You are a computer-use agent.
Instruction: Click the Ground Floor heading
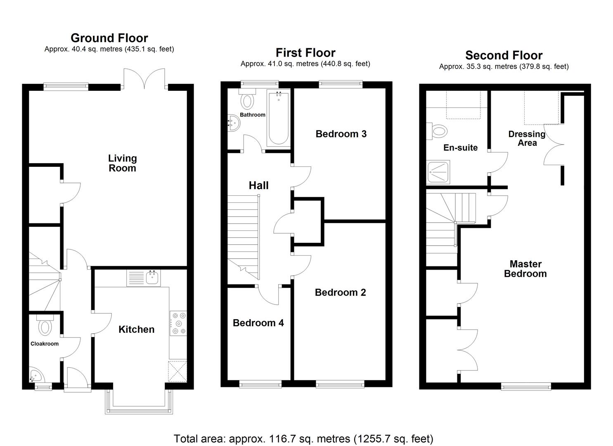pos(109,38)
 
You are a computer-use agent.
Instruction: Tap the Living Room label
pos(122,163)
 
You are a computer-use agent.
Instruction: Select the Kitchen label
pos(136,329)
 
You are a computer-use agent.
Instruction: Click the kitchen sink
pos(153,278)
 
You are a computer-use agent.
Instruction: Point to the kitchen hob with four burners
pos(178,323)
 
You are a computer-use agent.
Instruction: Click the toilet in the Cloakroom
pos(45,326)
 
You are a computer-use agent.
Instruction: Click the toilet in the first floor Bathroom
pos(248,100)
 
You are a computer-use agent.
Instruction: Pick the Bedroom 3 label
pos(341,134)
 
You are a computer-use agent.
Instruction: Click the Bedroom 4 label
pos(258,323)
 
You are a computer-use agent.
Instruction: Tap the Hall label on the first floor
pos(258,185)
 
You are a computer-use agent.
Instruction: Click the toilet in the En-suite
pos(438,131)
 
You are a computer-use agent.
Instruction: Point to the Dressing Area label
pos(527,138)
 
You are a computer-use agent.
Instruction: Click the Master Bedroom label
pos(525,268)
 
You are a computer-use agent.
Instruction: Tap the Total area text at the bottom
pos(303,438)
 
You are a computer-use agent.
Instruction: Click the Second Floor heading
pos(504,55)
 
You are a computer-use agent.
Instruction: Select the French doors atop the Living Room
pos(144,78)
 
